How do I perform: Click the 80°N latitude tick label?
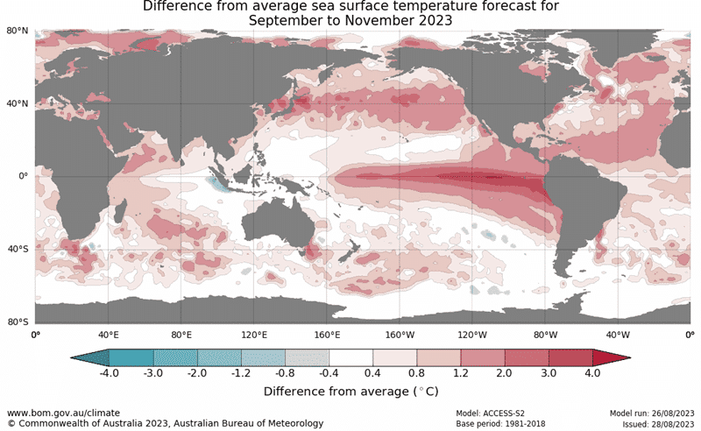17,31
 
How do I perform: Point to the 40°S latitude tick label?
18,249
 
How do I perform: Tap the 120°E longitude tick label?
254,335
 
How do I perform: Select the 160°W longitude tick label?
400,335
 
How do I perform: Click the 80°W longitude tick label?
545,335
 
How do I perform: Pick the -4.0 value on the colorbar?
109,373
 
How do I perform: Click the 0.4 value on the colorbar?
372,373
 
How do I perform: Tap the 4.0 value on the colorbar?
592,373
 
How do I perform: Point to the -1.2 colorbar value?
241,373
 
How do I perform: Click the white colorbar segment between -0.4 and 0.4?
350,357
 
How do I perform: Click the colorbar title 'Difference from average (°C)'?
351,392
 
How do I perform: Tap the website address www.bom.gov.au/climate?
63,413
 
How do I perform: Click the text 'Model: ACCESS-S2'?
490,413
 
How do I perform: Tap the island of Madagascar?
119,211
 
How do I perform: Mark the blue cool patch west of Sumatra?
218,183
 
